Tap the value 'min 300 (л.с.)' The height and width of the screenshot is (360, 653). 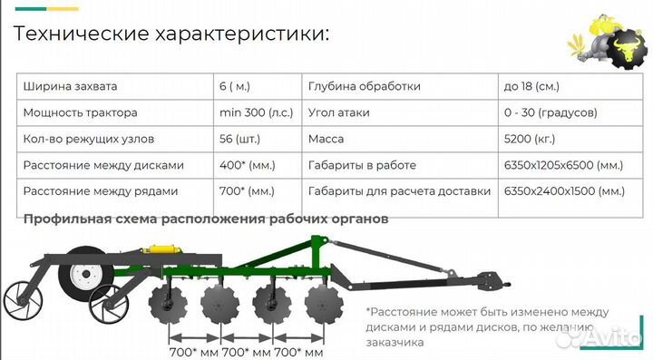[256, 113]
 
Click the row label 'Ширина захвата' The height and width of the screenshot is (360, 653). [71, 87]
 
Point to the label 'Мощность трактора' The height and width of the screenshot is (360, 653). [81, 113]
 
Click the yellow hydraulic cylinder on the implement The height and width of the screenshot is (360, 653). [166, 250]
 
